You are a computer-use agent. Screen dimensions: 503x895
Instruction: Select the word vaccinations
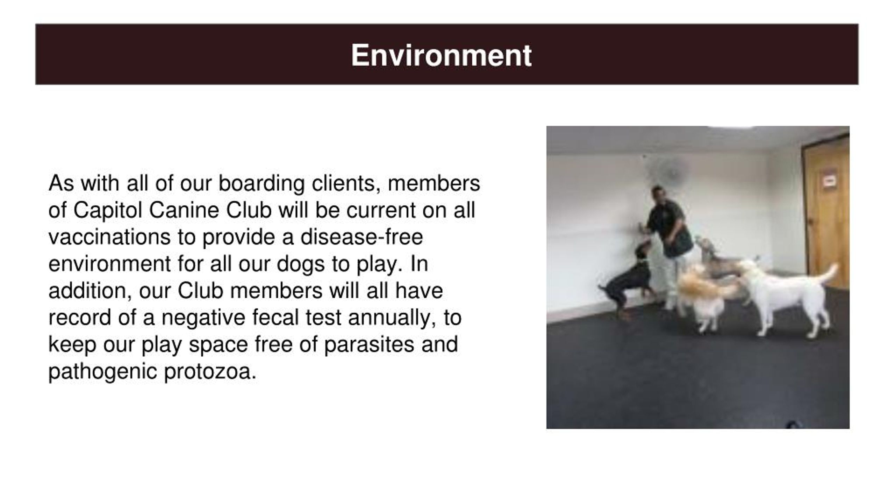click(109, 237)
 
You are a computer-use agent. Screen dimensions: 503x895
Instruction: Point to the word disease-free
click(361, 237)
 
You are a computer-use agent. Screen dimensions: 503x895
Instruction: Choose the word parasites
click(369, 344)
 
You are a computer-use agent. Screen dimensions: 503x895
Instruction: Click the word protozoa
click(210, 372)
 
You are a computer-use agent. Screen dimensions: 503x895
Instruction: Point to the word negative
click(203, 318)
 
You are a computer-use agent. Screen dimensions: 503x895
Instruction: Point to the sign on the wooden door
click(829, 181)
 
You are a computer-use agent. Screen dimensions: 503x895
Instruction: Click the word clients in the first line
click(346, 184)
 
